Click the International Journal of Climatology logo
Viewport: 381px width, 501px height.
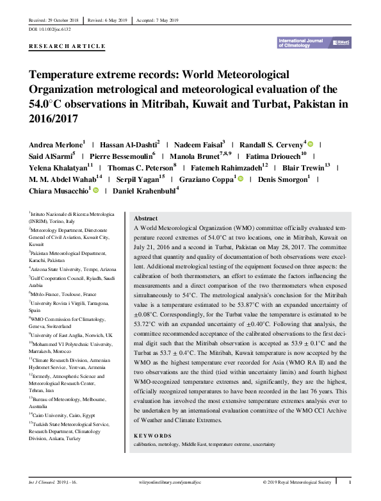314,42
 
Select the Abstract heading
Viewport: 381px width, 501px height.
145,218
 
